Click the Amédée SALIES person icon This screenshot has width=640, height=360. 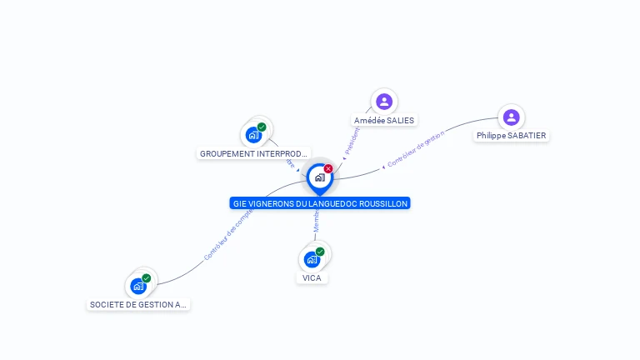[x=384, y=102]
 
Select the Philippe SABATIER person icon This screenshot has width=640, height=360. [x=512, y=117]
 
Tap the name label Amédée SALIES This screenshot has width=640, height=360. [x=384, y=120]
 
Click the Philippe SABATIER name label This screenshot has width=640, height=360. [x=512, y=136]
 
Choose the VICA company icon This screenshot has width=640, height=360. [x=312, y=259]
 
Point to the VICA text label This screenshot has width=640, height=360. [x=312, y=277]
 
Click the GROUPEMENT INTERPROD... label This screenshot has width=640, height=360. [x=254, y=153]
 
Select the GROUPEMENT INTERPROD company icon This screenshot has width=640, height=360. [x=253, y=135]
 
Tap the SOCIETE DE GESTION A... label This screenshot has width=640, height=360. [x=138, y=305]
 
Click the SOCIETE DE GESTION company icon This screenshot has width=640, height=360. [x=138, y=286]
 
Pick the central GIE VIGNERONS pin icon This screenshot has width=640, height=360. [x=319, y=177]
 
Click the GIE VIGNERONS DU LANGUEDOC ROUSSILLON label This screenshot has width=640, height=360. [x=320, y=203]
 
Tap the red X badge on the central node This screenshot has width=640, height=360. [x=328, y=169]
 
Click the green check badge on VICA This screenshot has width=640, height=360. [x=320, y=252]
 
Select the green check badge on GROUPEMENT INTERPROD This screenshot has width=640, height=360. [x=262, y=127]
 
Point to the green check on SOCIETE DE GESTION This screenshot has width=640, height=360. [x=147, y=278]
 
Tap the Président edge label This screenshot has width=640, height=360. [x=352, y=141]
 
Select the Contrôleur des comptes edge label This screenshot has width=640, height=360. [x=227, y=235]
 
